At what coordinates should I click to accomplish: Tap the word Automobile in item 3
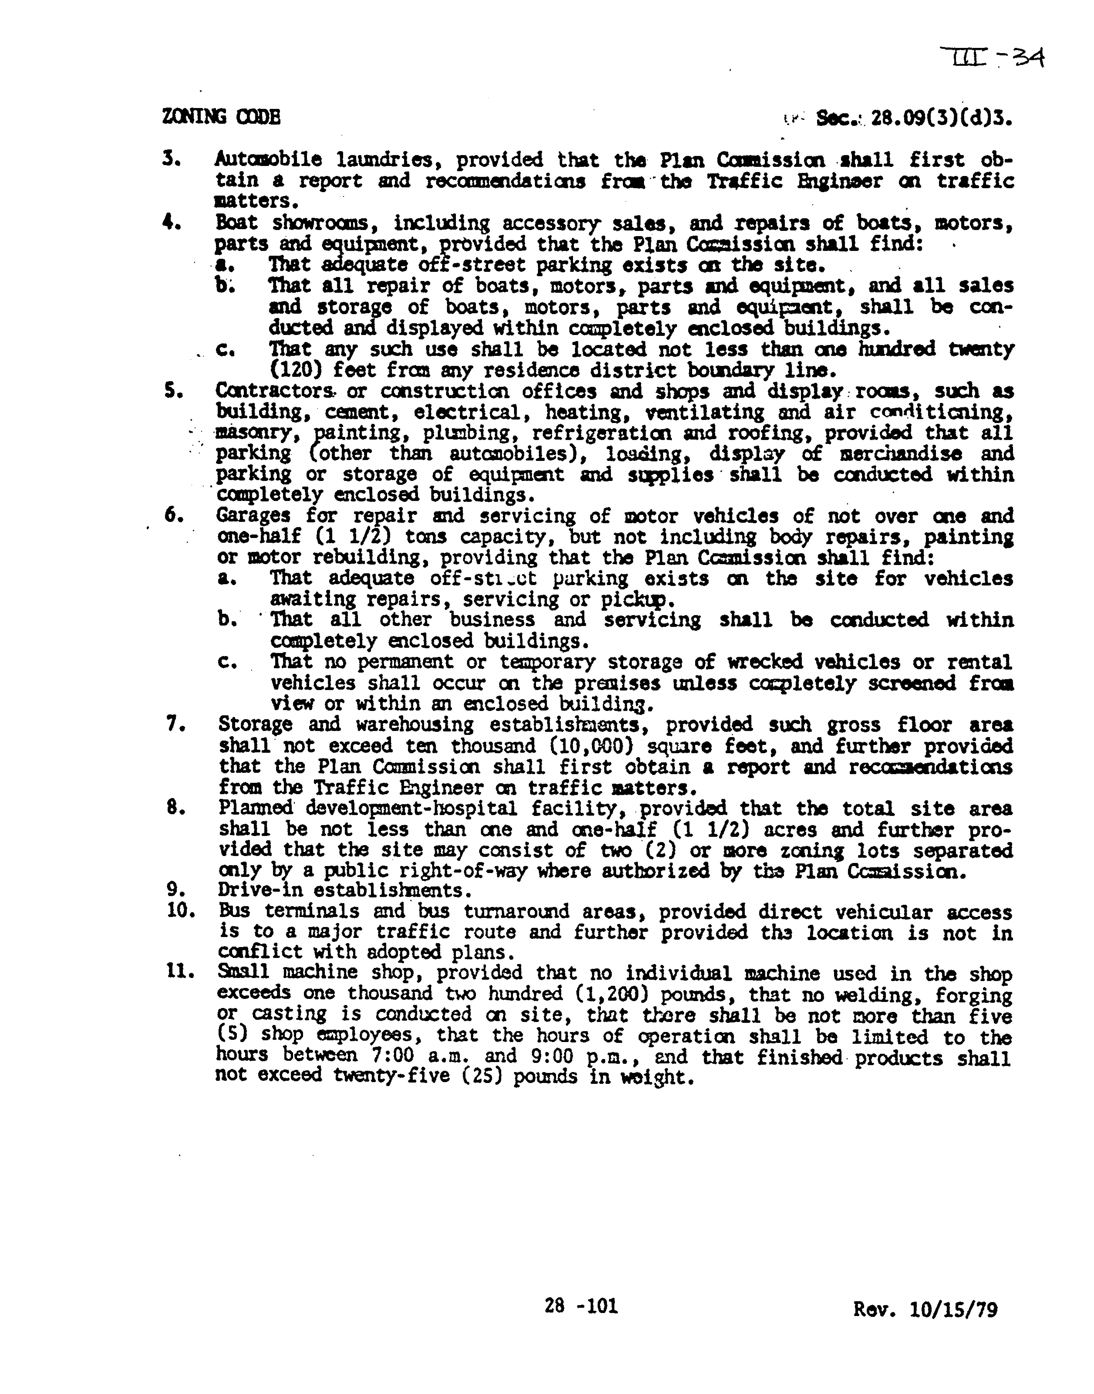point(269,159)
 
